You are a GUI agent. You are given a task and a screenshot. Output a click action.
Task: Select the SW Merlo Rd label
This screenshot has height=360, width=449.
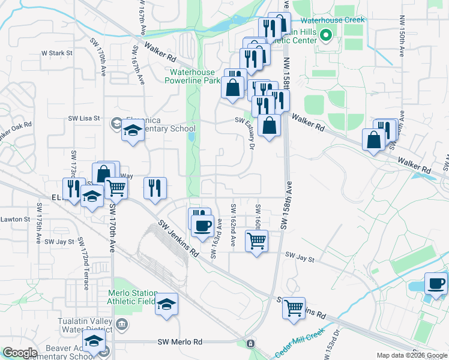click(180, 342)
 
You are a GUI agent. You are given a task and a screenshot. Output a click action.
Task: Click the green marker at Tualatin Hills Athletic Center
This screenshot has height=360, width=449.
click(326, 35)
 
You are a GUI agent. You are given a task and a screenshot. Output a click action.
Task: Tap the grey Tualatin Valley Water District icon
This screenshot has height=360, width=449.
click(122, 325)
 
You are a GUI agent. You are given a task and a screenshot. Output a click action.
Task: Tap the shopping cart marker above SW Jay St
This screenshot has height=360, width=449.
click(257, 241)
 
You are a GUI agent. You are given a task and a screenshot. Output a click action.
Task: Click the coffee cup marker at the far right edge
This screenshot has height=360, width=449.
click(436, 283)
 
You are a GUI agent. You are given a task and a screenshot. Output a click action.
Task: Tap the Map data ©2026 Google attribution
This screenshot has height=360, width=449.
click(411, 355)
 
